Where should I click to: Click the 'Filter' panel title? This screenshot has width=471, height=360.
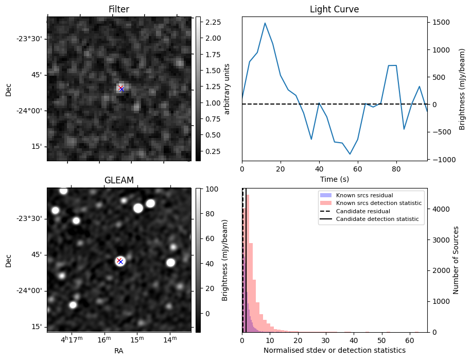[x=119, y=9]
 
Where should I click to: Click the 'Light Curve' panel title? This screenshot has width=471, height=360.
[x=334, y=9]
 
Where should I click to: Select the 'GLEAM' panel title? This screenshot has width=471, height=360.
[x=119, y=180]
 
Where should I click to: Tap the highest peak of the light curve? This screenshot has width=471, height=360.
[x=265, y=23]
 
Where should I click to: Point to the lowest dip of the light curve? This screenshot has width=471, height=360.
[x=350, y=154]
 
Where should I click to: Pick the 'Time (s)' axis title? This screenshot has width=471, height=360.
[x=334, y=179]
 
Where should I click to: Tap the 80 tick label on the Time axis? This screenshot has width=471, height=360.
[x=396, y=168]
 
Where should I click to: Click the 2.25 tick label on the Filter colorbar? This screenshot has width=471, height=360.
[x=212, y=22]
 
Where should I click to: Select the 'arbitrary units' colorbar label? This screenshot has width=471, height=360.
[x=227, y=89]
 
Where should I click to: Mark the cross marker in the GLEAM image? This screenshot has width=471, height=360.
[x=120, y=261]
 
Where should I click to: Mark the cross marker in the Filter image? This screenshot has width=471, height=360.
[x=121, y=89]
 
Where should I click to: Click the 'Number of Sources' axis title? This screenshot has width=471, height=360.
[x=456, y=260]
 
